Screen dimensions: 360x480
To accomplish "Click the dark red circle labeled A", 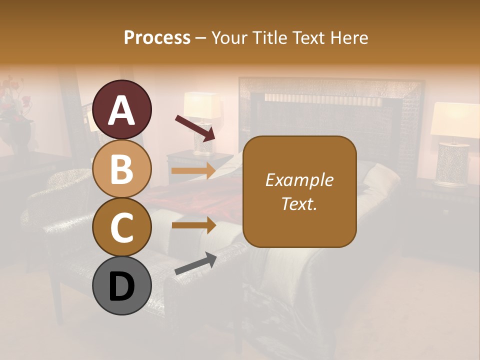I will [122, 110].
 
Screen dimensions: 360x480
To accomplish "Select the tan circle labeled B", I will [122, 168].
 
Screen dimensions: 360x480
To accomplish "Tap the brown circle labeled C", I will [122, 227].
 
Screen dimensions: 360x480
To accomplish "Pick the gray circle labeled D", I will [122, 285].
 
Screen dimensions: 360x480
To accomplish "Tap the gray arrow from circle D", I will [195, 263].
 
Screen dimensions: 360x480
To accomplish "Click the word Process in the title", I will [157, 37].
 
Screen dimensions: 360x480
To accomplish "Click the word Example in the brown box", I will [299, 180].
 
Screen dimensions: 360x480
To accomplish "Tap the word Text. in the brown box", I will [299, 203].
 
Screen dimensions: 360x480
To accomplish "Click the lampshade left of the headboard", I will [202, 105].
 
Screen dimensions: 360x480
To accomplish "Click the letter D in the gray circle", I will [122, 286].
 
